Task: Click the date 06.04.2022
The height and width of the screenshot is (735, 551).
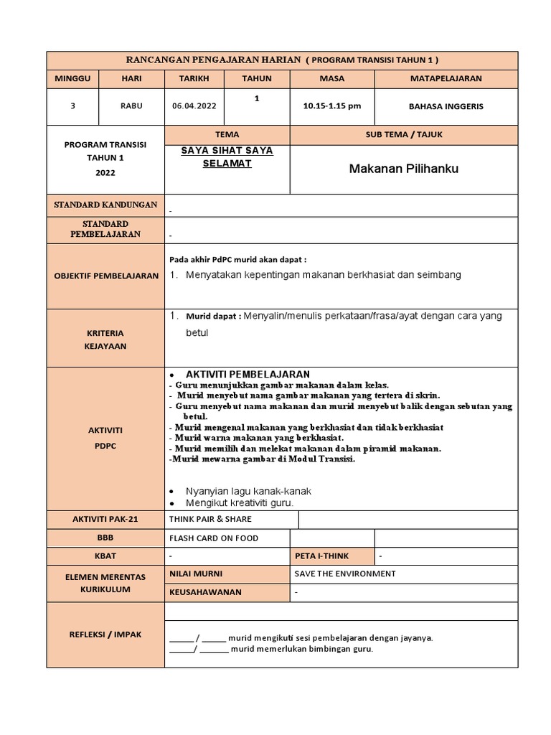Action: coord(194,106)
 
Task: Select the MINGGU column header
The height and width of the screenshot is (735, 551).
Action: coord(72,78)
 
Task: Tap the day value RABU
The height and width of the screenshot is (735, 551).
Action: coord(131,106)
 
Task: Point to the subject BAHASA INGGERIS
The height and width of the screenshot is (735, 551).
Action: coord(446,106)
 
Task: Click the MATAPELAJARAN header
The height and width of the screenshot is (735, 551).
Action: coord(446,78)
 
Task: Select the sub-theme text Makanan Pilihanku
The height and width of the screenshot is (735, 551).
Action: coord(403,169)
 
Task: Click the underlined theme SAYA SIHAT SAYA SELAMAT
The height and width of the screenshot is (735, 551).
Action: coord(227,157)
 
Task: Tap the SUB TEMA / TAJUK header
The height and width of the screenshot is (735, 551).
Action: coord(403,134)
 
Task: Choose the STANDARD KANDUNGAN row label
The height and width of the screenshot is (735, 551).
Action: coord(105,205)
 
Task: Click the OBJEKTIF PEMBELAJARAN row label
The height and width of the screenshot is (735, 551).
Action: coord(105,276)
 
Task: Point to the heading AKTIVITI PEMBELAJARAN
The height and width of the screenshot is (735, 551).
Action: coord(248,375)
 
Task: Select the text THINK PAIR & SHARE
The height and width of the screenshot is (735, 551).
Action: coord(210,519)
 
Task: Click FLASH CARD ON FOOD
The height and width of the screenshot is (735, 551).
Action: coord(213,538)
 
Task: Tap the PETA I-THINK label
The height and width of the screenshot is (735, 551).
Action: coord(331,556)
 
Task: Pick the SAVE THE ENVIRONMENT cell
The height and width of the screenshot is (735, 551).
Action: coord(345,574)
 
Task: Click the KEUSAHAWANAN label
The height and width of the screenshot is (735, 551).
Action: coord(205,592)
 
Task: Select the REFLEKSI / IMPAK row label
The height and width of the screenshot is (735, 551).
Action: coord(105,634)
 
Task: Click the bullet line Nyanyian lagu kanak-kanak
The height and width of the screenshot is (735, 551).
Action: coord(248,491)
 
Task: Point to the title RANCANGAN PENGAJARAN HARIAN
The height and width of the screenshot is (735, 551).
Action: coord(213,60)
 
